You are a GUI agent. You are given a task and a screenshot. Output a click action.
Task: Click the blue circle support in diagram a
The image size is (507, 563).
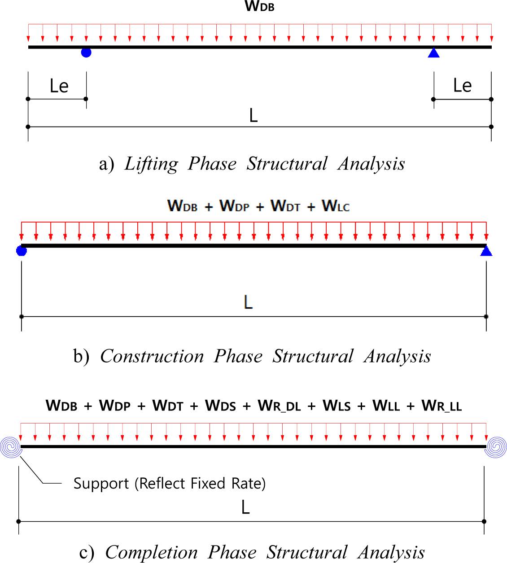click(86, 52)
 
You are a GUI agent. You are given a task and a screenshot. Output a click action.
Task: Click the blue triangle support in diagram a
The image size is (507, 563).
click(433, 53)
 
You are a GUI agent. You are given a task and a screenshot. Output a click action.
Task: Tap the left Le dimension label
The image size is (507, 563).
click(59, 86)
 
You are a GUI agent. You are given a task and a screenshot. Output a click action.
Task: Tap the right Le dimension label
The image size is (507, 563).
click(463, 86)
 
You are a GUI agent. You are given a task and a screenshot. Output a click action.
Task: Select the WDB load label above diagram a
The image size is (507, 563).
click(259, 7)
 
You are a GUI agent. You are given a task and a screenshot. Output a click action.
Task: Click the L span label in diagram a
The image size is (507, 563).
click(253, 116)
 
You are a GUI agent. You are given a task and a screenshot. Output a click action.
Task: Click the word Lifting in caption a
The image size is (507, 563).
click(151, 164)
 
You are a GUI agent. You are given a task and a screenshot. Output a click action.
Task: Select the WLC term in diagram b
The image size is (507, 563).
click(336, 206)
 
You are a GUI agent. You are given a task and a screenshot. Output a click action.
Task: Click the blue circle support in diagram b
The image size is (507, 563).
click(22, 250)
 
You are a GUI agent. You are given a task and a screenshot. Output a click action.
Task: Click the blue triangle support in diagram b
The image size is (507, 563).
click(486, 251)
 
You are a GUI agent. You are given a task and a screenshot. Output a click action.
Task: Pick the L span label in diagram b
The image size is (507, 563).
click(248, 302)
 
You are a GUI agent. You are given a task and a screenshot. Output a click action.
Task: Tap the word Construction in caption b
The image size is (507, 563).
click(152, 356)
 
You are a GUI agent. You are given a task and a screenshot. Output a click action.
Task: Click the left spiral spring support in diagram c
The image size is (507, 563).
click(10, 447)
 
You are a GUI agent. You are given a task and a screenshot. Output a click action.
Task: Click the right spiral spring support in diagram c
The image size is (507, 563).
click(496, 447)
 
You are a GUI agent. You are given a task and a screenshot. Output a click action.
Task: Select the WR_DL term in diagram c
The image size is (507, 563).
click(279, 406)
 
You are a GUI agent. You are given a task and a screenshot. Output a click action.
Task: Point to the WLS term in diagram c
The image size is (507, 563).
click(337, 406)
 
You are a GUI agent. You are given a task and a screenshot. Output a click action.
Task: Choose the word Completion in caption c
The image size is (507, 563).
click(151, 552)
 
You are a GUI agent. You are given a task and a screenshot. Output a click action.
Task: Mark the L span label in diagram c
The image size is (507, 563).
click(245, 507)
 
